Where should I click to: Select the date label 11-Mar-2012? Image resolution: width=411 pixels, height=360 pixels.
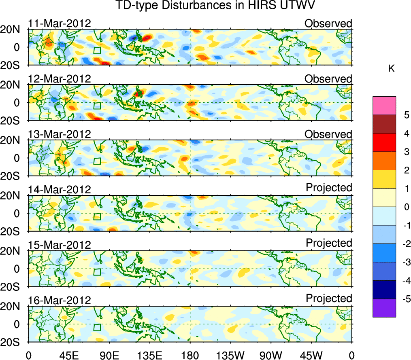[60, 23]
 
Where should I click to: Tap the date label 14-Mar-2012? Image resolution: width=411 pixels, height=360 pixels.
[60, 190]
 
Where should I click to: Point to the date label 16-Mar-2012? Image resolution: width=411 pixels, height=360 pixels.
[60, 301]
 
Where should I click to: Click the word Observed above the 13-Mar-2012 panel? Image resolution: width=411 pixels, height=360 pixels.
[328, 134]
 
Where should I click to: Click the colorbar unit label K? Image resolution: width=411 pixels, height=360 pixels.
[391, 69]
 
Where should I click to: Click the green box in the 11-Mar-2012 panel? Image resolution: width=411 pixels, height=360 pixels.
[97, 51]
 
